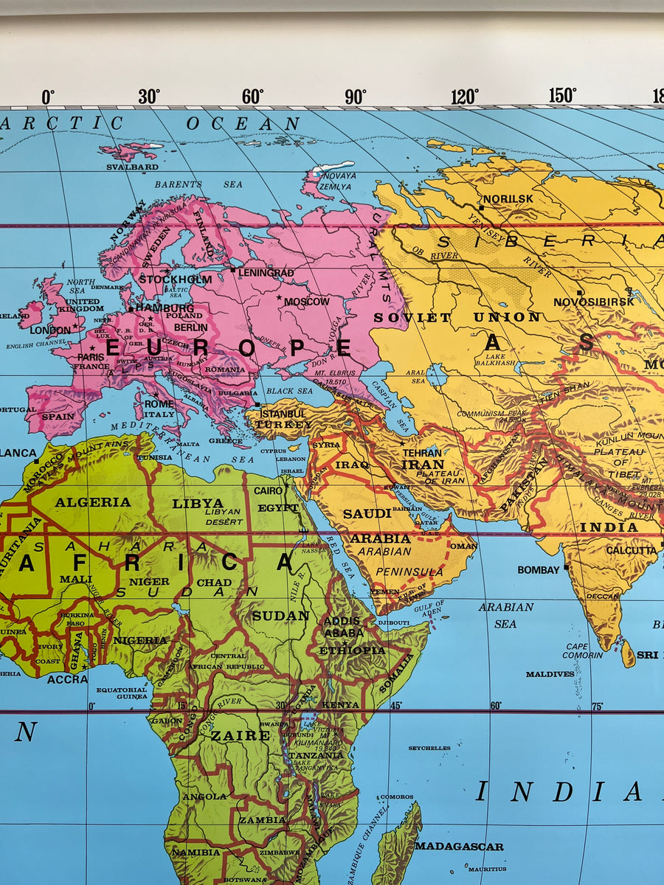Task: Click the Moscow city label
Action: (307, 302)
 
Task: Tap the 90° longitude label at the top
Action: (355, 97)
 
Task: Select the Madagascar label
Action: (459, 847)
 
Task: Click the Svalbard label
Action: (132, 167)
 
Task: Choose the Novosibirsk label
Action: (594, 302)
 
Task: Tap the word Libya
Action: (198, 503)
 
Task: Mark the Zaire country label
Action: (241, 735)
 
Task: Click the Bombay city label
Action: (539, 570)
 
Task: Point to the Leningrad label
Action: (266, 272)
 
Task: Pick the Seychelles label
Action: (429, 748)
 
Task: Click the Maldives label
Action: (550, 674)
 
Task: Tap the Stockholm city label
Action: (176, 280)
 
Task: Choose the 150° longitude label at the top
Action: (562, 96)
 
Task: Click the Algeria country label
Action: (93, 502)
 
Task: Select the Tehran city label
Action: (422, 453)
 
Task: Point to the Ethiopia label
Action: (352, 650)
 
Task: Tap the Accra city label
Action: (67, 679)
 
